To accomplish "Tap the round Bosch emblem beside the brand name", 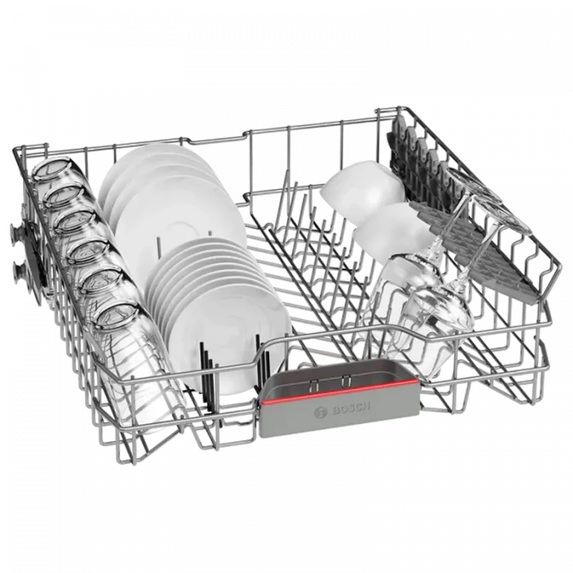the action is [321, 413].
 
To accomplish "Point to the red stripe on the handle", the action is [339, 390].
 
